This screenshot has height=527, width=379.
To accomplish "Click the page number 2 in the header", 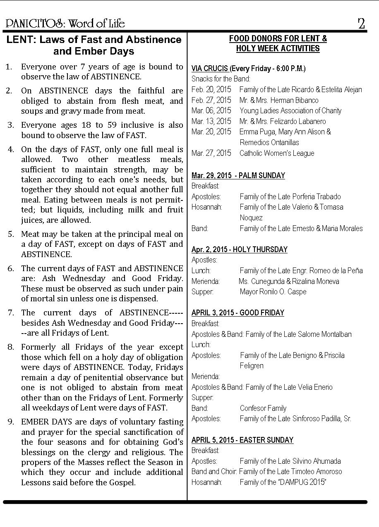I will click(x=361, y=24).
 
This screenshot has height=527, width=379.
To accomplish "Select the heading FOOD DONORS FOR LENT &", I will click(x=278, y=39).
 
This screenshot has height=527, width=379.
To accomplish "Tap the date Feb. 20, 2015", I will click(x=211, y=89).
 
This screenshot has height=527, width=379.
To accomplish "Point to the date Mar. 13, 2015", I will click(x=211, y=121).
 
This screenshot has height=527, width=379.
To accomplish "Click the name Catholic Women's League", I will click(x=277, y=153).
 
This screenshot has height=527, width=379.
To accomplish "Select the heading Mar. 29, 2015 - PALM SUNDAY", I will click(x=238, y=175).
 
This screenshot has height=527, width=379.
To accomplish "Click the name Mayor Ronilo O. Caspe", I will click(x=273, y=292).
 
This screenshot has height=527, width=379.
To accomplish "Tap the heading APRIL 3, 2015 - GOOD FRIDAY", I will click(x=238, y=313).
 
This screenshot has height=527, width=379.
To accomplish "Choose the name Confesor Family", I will click(x=263, y=408).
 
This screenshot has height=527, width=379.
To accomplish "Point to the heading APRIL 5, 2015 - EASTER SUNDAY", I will click(x=242, y=440).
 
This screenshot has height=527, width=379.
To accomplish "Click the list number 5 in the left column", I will click(x=11, y=234).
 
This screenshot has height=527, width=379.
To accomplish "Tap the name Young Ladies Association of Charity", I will click(x=290, y=111).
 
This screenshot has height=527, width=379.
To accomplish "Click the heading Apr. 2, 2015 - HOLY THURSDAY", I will click(x=240, y=250).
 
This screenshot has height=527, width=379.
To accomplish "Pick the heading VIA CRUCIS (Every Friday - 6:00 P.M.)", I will click(x=248, y=69).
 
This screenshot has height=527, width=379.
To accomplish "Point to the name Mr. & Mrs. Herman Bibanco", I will click(x=279, y=100).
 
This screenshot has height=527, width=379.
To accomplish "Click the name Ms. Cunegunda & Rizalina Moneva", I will click(x=289, y=281).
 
